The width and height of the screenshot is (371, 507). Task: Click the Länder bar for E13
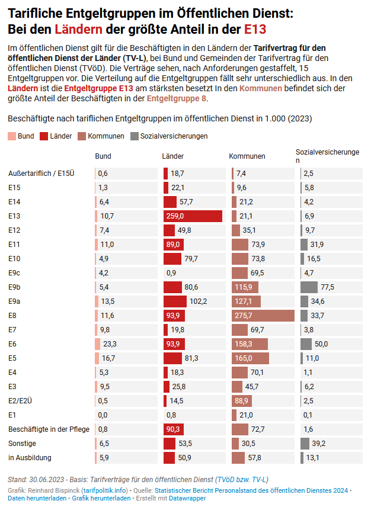click(x=193, y=216)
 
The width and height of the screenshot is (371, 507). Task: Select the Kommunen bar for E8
click(x=263, y=315)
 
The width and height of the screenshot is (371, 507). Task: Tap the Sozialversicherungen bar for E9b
click(x=309, y=287)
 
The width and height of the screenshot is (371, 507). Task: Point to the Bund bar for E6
click(x=98, y=344)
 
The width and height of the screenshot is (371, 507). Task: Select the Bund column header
click(x=103, y=156)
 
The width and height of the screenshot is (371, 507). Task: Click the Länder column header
click(x=173, y=156)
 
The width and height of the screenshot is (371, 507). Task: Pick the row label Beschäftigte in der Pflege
click(x=43, y=429)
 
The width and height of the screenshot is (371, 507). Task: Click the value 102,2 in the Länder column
click(x=198, y=301)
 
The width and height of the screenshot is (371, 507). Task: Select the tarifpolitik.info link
click(x=105, y=490)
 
